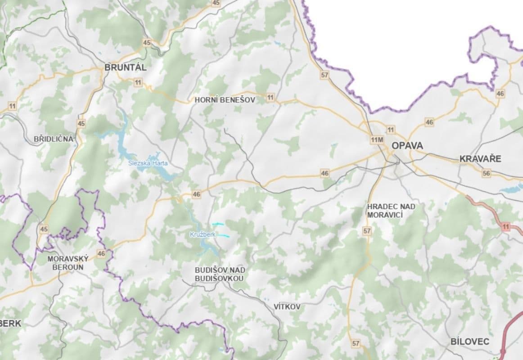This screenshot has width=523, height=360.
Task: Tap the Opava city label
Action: pyautogui.click(x=407, y=146)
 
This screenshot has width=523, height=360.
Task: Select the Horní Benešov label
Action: pyautogui.click(x=225, y=100)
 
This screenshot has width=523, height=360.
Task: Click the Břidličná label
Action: pyautogui.click(x=53, y=139)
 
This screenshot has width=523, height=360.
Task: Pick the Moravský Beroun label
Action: pyautogui.click(x=68, y=262)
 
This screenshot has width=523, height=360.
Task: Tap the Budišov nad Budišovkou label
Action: pyautogui.click(x=220, y=274)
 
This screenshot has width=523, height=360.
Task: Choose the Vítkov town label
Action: pyautogui.click(x=287, y=306)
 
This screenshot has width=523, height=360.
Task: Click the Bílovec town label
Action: pyautogui.click(x=469, y=342)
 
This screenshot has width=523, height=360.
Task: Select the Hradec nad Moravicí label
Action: pyautogui.click(x=391, y=210)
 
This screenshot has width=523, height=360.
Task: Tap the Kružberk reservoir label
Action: pyautogui.click(x=203, y=234)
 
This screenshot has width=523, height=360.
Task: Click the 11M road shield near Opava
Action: pyautogui.click(x=377, y=140)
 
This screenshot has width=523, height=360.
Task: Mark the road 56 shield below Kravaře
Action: pyautogui.click(x=486, y=173)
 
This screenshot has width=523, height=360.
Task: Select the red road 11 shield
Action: pyautogui.click(x=506, y=227)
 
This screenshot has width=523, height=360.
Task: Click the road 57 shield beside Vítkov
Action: pyautogui.click(x=356, y=343)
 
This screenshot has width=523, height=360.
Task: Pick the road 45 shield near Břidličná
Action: pyautogui.click(x=81, y=123)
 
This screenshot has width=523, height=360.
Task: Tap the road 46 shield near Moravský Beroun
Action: pyautogui.click(x=101, y=254)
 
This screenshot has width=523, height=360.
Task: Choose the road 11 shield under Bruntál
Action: pyautogui.click(x=138, y=82)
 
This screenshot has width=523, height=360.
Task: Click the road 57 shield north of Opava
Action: pyautogui.click(x=325, y=75)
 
